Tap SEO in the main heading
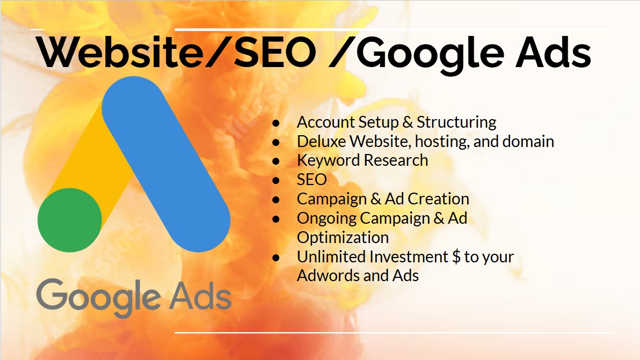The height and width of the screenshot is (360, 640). [275, 53]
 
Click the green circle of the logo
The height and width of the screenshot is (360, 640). [70, 220]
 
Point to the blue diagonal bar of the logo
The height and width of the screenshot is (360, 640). [166, 164]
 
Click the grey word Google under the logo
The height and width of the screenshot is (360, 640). [98, 297]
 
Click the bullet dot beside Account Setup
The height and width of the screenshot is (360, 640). [277, 123]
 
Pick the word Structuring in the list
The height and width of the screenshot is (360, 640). [456, 123]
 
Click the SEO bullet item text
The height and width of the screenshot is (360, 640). [312, 179]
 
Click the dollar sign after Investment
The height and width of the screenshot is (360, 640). [456, 257]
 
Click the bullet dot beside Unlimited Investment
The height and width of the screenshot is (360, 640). [277, 258]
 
